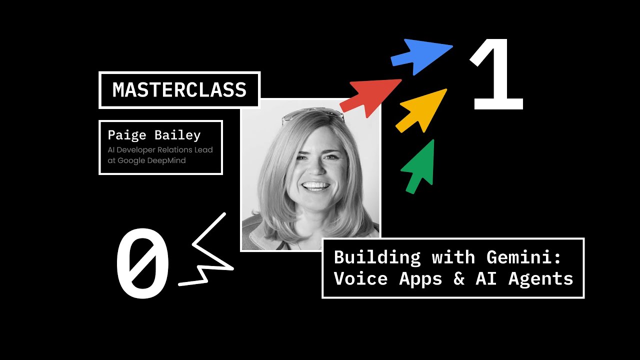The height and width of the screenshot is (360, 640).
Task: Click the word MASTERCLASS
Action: point(179,90)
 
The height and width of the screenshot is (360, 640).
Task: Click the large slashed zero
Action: point(142,263)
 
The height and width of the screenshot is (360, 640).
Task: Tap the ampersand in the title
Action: point(459,278)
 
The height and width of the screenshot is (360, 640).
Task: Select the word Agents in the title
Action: point(541,278)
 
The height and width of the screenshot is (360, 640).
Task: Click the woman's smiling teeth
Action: point(316,186)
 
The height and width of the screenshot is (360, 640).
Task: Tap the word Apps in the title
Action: point(420,278)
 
